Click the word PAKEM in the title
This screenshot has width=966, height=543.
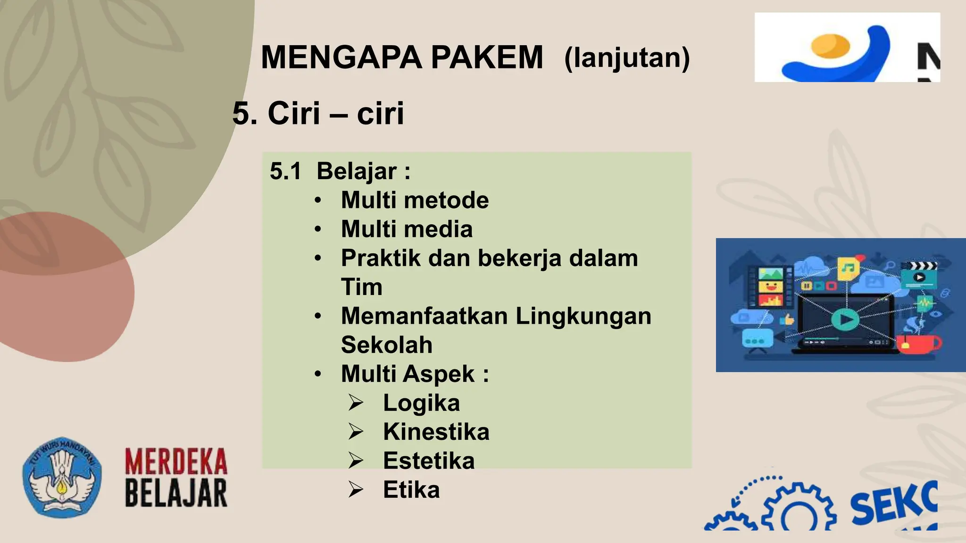pos(487,58)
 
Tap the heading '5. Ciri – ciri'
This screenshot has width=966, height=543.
pos(318,113)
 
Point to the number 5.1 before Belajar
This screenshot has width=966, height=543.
pos(285,171)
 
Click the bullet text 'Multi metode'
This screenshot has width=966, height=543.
pos(415,200)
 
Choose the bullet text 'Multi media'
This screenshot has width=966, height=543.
pos(407,229)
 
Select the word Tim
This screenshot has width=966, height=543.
pos(361,287)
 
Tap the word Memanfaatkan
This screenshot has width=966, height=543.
pos(425,316)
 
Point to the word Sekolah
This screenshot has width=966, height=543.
pos(386,345)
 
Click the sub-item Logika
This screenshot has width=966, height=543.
pos(421,403)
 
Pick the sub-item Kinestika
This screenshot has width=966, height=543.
pos(436,432)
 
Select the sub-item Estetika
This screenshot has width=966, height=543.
pos(428,461)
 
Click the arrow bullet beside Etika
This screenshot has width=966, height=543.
pos(356,490)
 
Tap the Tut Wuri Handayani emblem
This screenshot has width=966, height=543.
pos(62,477)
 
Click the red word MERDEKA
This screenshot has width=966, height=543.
pos(176,461)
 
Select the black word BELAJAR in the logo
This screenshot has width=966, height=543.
pos(176,493)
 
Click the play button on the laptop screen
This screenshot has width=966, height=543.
pos(845,320)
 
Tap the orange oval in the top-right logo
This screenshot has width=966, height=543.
pos(830,46)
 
